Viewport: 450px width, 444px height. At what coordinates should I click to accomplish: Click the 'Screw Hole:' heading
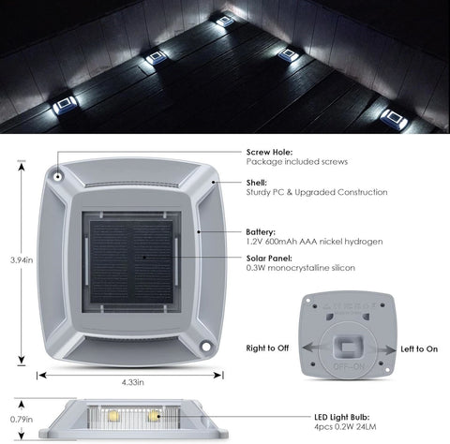269,152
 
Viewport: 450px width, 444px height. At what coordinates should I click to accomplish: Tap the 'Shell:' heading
256,183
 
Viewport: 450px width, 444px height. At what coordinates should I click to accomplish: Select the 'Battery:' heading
261,232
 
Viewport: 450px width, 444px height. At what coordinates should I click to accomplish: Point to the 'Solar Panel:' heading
269,259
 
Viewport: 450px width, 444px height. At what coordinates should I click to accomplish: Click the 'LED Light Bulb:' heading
342,417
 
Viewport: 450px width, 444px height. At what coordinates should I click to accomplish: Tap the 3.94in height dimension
22,259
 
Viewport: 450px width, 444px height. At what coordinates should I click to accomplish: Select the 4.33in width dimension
133,382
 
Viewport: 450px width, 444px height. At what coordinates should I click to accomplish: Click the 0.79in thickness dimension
22,419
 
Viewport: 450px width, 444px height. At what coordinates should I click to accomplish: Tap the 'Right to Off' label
267,348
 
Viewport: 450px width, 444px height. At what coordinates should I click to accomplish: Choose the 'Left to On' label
419,349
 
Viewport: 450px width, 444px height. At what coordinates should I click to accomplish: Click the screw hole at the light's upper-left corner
57,177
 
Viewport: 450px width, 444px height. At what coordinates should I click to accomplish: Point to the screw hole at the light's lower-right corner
205,347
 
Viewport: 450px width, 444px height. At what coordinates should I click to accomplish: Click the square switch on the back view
348,347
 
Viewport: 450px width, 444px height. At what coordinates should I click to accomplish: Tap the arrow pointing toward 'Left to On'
382,349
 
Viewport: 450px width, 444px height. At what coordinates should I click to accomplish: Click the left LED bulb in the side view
113,416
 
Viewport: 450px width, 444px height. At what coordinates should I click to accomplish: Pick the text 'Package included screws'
297,162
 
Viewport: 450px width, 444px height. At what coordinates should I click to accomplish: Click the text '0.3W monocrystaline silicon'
301,268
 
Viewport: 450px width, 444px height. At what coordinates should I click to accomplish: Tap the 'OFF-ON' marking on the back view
349,366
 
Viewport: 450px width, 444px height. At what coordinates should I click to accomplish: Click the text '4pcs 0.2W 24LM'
345,427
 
